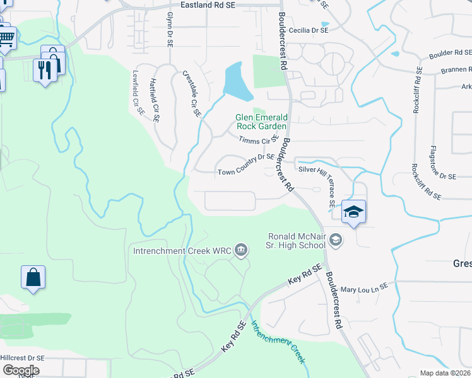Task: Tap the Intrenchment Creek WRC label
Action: pos(181,251)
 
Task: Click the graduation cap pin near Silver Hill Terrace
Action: pos(353,212)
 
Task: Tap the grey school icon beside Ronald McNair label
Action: pos(336,239)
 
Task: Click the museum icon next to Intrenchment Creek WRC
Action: pos(240,251)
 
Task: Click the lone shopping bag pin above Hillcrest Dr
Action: pos(33,277)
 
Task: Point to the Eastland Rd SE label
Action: pos(208,4)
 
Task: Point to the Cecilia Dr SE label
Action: pos(306,30)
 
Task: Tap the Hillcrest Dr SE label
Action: pos(22,357)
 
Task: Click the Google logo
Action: pos(20,370)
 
